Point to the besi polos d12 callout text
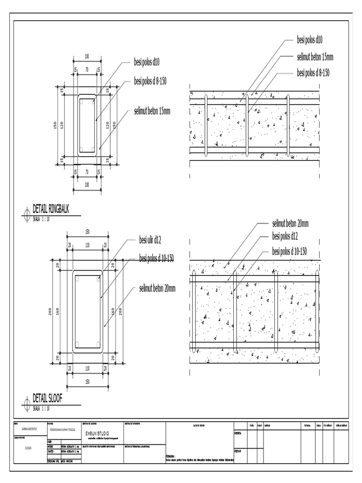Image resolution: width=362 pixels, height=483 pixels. tap(285, 236)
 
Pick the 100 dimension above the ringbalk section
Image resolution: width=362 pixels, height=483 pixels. tap(87, 57)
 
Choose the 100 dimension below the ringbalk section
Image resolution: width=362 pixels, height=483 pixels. tap(87, 185)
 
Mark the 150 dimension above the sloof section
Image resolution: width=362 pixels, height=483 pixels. tap(87, 232)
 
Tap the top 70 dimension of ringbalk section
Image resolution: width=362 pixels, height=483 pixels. tap(87, 69)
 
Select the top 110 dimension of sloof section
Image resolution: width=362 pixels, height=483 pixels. tap(87, 245)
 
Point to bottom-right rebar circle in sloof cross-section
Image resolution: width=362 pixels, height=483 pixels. tap(99, 344)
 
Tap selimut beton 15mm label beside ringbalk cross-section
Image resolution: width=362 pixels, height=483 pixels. tap(152, 111)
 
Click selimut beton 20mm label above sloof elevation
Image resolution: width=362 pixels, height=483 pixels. tap(290, 223)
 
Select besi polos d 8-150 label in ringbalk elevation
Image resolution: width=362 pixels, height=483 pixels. tap(313, 73)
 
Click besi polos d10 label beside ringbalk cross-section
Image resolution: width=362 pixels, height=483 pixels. tap(147, 62)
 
